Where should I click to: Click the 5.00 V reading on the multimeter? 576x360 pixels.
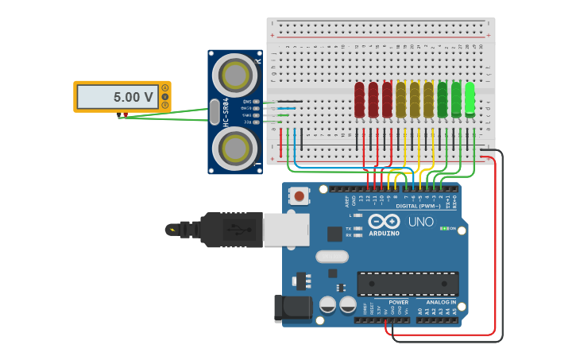tap(133, 97)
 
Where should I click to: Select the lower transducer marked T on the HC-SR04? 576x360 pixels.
tap(236, 149)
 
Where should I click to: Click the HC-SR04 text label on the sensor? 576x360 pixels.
tap(226, 112)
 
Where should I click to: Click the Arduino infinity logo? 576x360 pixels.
tap(384, 222)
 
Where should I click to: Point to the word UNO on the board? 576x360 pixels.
tap(421, 222)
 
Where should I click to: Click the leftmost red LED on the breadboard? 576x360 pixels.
tap(359, 99)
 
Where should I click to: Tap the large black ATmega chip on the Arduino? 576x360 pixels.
tap(408, 284)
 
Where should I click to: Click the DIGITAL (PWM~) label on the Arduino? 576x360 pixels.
tap(418, 206)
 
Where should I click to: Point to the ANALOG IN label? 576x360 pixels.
tap(441, 302)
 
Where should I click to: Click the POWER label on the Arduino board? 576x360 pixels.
tap(398, 302)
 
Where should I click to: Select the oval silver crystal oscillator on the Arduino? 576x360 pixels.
tap(331, 257)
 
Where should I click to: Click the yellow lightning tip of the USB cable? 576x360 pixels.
tap(171, 230)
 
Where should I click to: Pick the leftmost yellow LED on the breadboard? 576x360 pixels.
tap(401, 99)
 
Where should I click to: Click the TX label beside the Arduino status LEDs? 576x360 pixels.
tap(348, 228)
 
